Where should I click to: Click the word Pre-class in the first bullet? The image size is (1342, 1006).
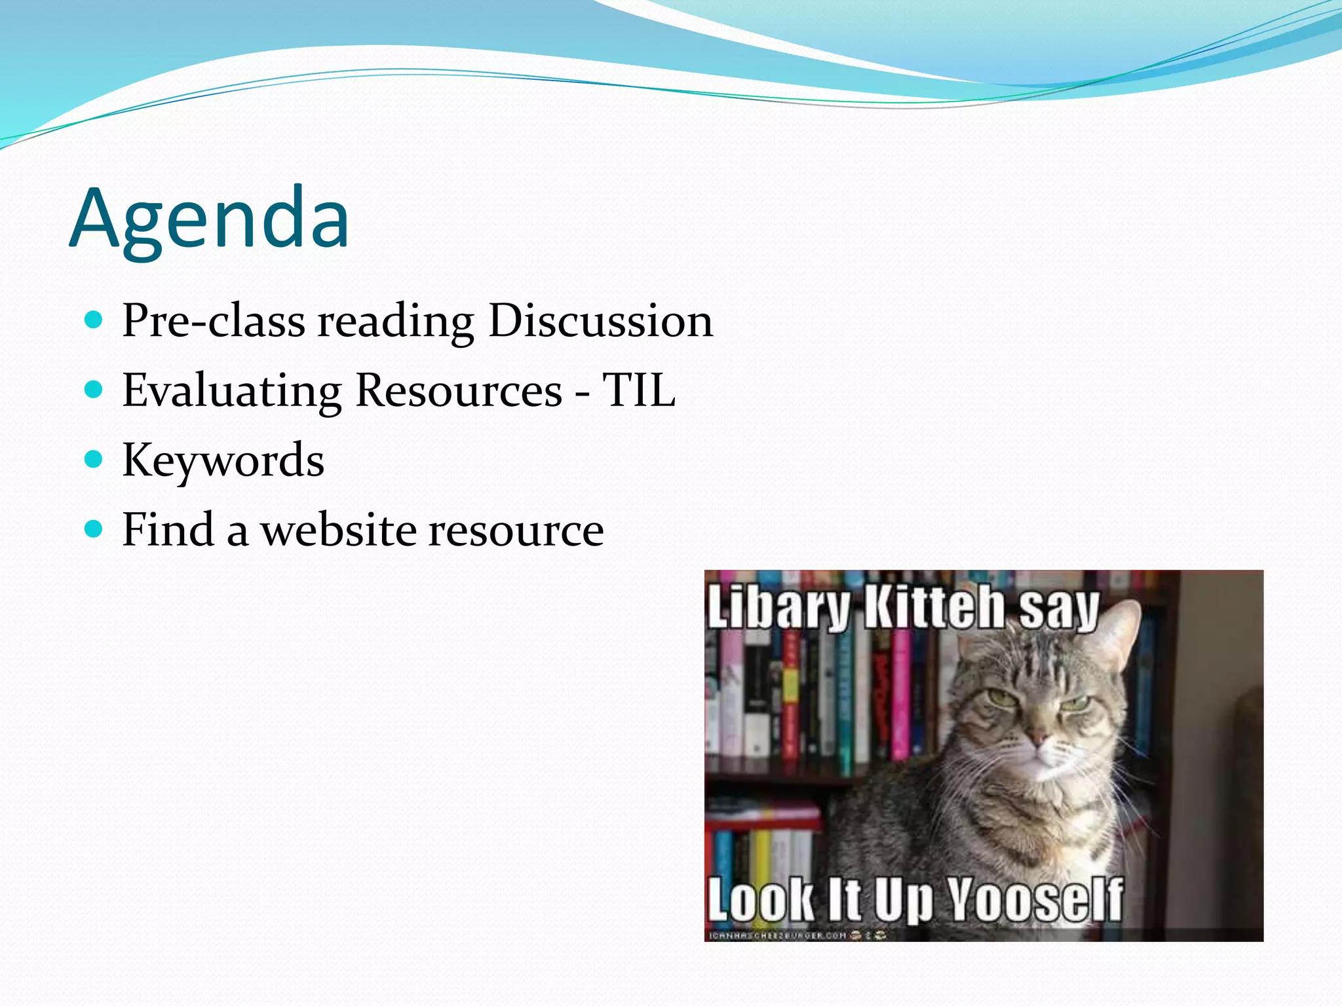214,321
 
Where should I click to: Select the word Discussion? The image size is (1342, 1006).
600,321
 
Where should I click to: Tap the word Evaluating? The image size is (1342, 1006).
232,391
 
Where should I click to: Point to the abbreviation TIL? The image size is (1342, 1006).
638,391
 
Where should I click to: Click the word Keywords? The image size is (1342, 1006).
223,460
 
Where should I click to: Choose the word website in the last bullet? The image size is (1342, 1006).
338,530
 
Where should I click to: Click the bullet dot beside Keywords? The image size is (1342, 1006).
94,458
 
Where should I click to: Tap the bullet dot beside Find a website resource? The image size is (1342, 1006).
94,528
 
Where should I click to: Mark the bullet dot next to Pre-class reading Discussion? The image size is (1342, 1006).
94,320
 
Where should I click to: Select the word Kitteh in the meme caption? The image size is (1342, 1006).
934,608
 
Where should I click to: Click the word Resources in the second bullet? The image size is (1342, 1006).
459,391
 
